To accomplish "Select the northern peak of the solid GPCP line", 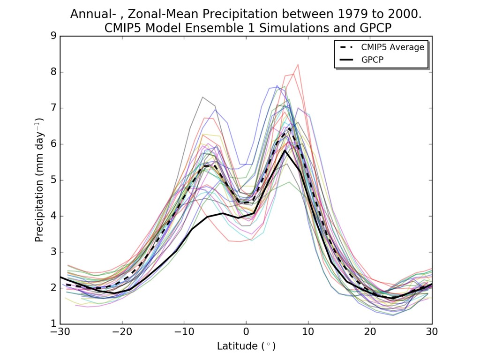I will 285,150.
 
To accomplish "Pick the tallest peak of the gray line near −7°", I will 202,97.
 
